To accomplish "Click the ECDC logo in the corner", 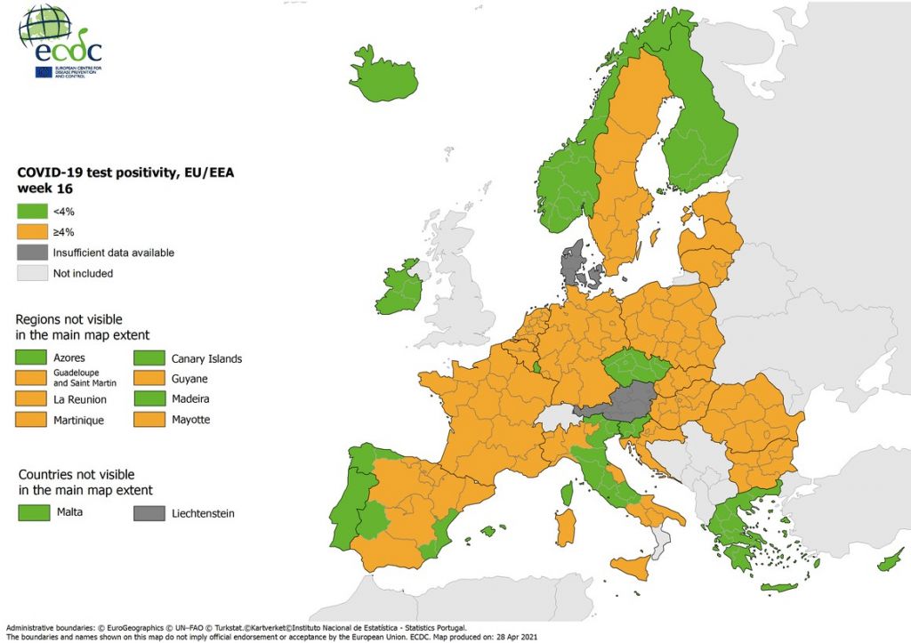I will point(60,42).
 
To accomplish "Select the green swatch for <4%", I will point(31,212).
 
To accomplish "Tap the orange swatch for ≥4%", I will point(31,232).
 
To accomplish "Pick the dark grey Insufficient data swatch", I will point(31,253).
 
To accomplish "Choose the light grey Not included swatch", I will point(31,273).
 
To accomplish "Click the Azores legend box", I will point(32,358).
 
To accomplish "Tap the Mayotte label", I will point(190,419).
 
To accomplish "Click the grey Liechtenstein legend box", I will point(149,513).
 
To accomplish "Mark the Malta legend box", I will point(32,512).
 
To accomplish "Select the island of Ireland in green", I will point(399,289).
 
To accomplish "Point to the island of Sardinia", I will point(565,527).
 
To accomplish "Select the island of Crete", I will point(778,588).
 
